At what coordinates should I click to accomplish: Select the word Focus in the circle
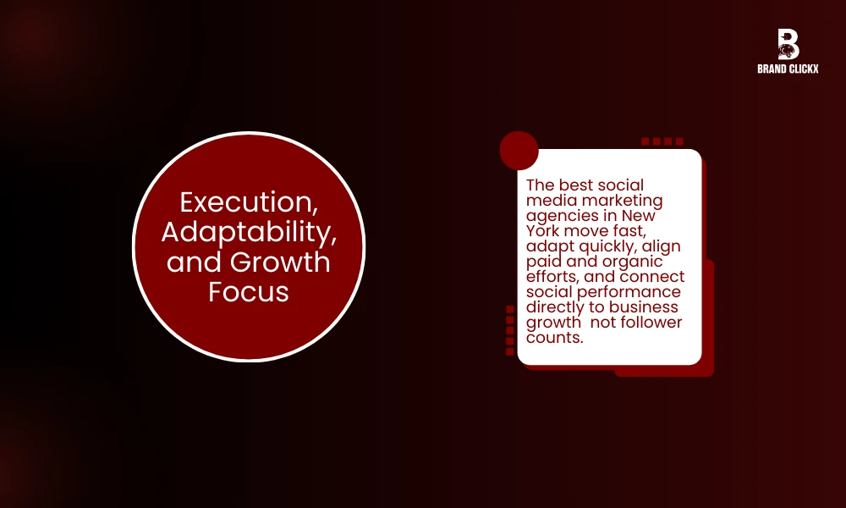pos(248,291)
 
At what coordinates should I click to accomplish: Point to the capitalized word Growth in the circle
pos(282,262)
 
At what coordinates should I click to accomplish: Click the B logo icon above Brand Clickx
pos(788,44)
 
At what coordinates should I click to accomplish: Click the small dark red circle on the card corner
pos(519,151)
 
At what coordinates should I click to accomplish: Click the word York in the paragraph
pos(543,230)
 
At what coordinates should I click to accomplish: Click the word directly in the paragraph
pos(555,307)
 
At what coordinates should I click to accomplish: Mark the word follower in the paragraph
pos(652,323)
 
